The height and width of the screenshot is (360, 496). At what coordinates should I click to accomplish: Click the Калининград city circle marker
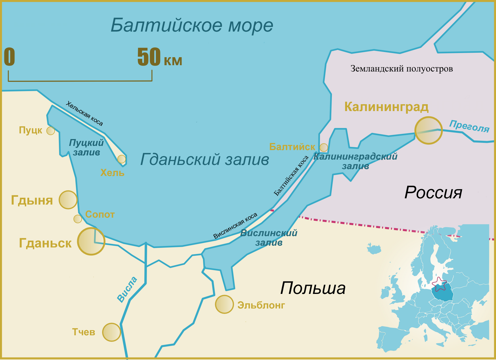tap(428, 130)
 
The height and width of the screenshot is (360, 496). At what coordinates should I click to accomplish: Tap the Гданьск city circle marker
tap(91, 241)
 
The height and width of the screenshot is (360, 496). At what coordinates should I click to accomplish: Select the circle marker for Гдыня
tap(68, 200)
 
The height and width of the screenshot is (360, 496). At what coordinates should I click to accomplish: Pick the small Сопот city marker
tap(78, 219)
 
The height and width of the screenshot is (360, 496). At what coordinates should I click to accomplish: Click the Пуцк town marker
tap(51, 131)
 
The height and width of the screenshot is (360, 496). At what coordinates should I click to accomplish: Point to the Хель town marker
tap(121, 159)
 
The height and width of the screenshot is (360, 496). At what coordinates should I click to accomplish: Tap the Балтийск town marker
tap(324, 147)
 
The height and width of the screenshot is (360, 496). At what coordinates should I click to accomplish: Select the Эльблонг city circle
tap(224, 304)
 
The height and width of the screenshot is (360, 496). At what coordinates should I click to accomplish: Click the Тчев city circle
tap(111, 332)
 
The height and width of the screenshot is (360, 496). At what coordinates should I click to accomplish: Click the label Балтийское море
tap(192, 25)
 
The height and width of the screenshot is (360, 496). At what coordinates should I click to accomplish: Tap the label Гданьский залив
tap(205, 159)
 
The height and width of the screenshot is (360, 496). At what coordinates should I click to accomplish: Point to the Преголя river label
tap(469, 126)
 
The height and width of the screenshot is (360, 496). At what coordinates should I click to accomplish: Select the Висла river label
tap(127, 289)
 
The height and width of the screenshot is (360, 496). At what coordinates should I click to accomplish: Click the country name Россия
tap(433, 193)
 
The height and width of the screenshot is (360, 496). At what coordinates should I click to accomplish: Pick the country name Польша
tap(313, 288)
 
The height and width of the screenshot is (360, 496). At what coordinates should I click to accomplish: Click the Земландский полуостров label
tap(401, 69)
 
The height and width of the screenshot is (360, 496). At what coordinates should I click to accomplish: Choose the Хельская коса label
tap(84, 113)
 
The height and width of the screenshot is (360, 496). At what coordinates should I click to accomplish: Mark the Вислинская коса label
tap(235, 226)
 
